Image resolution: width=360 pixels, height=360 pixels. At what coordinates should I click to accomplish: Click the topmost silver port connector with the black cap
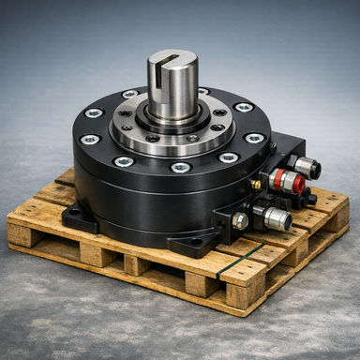coord(305,167)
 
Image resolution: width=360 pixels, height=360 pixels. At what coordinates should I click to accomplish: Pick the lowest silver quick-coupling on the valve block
coord(275,217)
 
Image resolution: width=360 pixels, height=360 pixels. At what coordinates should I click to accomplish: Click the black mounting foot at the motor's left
coord(78,217)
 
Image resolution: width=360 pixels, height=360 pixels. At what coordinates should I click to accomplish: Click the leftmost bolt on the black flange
coord(90,139)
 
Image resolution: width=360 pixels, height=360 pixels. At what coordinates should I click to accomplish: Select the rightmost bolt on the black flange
coord(255,138)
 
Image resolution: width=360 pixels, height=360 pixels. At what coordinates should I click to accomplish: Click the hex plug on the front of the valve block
coord(241,220)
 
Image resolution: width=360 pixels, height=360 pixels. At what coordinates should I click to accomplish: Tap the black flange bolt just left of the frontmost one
coord(125,160)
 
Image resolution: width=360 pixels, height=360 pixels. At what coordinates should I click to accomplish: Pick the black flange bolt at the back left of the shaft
coord(129,95)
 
